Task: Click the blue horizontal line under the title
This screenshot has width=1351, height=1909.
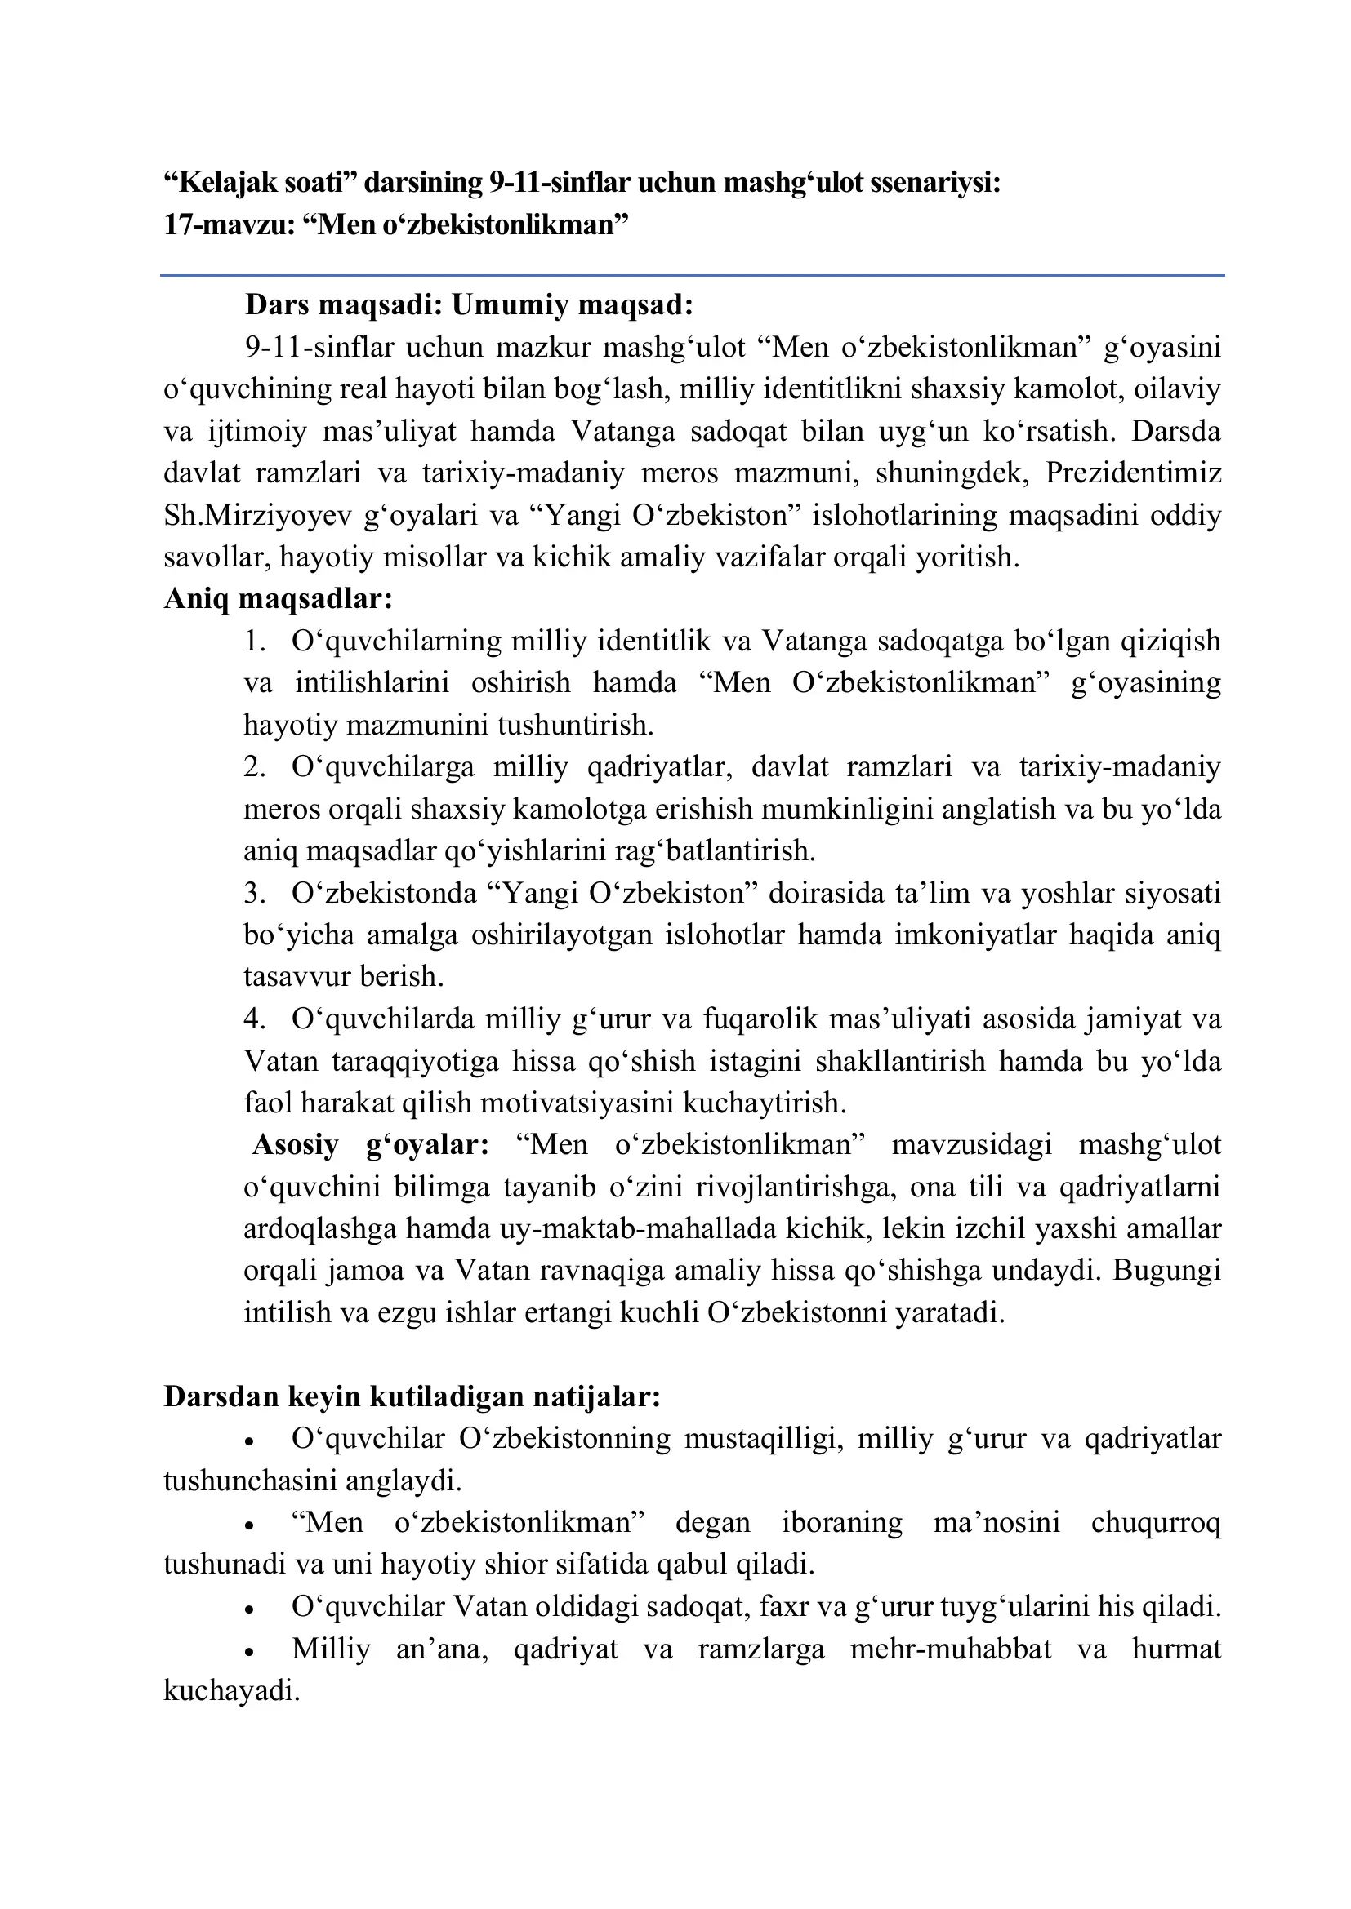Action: click(x=692, y=275)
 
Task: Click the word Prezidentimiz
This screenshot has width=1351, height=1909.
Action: click(x=1133, y=473)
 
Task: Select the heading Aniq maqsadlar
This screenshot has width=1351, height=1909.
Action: click(x=278, y=598)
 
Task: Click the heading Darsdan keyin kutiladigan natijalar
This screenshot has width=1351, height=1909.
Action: click(x=412, y=1396)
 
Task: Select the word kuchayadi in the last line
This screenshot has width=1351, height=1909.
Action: click(x=230, y=1691)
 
